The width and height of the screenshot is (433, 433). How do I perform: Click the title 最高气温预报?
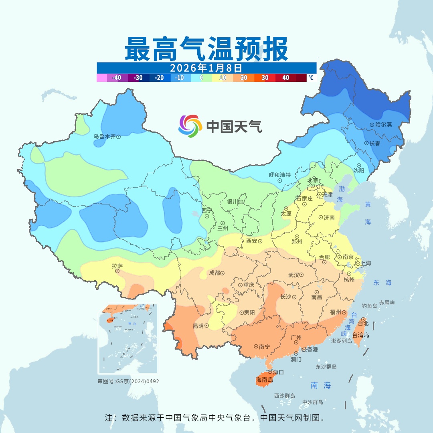pyautogui.click(x=206, y=49)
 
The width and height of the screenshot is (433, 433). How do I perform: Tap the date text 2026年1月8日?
pyautogui.click(x=206, y=67)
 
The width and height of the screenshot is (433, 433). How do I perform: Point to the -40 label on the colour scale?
pyautogui.click(x=117, y=78)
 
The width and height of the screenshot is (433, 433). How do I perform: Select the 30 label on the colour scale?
pyautogui.click(x=265, y=78)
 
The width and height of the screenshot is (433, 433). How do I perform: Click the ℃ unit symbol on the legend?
pyautogui.click(x=311, y=78)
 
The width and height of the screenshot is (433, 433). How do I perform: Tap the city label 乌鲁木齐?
pyautogui.click(x=104, y=137)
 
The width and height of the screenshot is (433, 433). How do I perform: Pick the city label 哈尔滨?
pyautogui.click(x=384, y=125)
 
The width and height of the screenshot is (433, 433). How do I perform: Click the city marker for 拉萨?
pyautogui.click(x=117, y=271)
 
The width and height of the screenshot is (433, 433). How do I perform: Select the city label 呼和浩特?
pyautogui.click(x=279, y=175)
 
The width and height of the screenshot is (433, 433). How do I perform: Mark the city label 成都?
pyautogui.click(x=214, y=273)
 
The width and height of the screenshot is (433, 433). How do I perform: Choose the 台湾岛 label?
pyautogui.click(x=360, y=335)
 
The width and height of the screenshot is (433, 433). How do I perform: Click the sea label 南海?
pyautogui.click(x=321, y=385)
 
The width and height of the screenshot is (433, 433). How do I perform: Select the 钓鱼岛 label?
pyautogui.click(x=369, y=306)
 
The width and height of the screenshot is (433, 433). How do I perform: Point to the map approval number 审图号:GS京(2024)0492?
pyautogui.click(x=128, y=381)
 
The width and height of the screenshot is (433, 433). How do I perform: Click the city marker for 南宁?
pyautogui.click(x=256, y=346)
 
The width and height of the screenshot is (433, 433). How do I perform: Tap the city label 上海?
pyautogui.click(x=366, y=263)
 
